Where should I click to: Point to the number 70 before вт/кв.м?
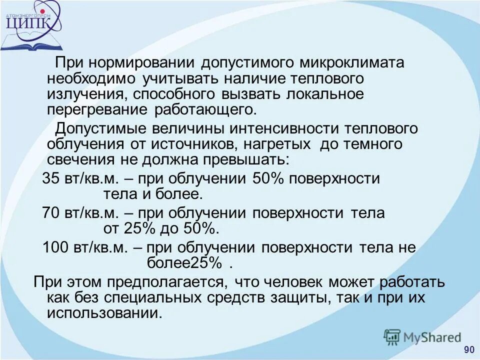(x=50, y=213)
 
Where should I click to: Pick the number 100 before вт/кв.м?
(x=54, y=247)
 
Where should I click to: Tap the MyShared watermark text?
(x=432, y=337)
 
